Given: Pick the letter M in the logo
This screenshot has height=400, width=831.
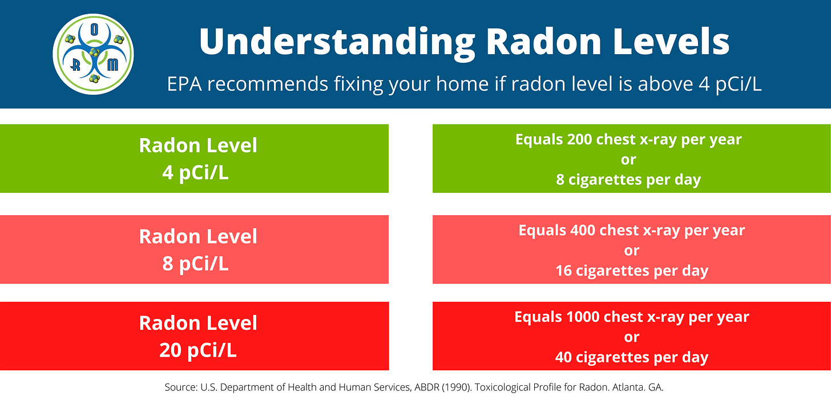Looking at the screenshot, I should click(113, 65).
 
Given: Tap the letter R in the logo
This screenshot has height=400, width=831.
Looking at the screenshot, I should click(75, 66).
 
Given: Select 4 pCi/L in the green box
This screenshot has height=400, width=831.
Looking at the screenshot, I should click(196, 172).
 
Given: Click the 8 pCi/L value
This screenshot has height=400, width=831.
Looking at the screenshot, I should click(196, 264).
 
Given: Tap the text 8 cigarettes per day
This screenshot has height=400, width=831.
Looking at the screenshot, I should click(628, 179).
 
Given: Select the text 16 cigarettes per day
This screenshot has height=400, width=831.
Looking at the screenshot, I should click(632, 270).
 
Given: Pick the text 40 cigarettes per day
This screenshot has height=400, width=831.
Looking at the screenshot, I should click(632, 358).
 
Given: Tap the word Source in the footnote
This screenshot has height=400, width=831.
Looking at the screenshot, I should click(181, 387).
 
